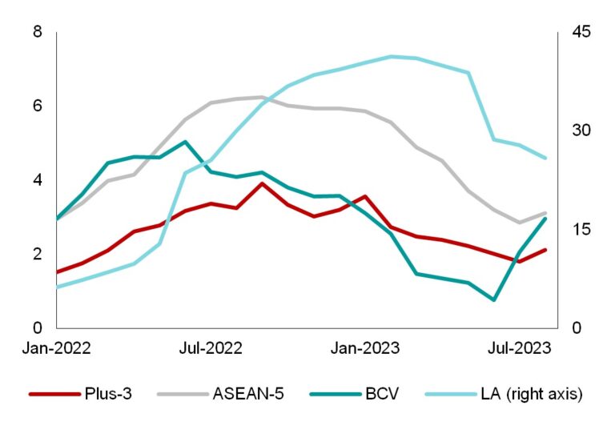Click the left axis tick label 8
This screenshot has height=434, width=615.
pyautogui.click(x=38, y=32)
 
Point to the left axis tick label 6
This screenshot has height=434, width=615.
pyautogui.click(x=38, y=106)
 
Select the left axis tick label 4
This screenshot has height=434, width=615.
pyautogui.click(x=38, y=180)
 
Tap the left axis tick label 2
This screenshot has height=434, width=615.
pyautogui.click(x=38, y=254)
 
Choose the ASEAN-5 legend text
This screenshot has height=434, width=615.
pyautogui.click(x=248, y=394)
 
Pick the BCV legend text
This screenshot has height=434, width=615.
pyautogui.click(x=379, y=394)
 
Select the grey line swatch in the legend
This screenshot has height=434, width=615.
pyautogui.click(x=181, y=394)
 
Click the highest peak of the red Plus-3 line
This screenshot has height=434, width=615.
pyautogui.click(x=262, y=183)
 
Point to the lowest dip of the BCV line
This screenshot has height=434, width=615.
pyautogui.click(x=494, y=300)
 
